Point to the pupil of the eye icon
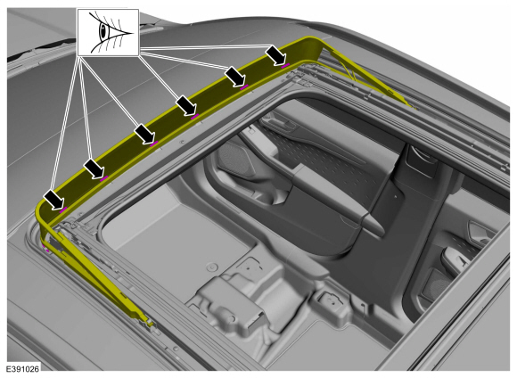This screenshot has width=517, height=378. [103, 32]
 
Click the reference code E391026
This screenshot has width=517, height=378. [22, 368]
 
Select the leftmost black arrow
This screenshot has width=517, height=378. [54, 200]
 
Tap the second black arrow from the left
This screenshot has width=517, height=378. [94, 168]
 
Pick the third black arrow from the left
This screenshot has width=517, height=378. [144, 134]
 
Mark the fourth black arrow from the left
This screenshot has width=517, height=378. [186, 106]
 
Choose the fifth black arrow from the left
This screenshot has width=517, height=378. [235, 77]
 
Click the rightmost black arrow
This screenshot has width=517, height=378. [276, 54]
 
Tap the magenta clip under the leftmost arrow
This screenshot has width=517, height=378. [63, 210]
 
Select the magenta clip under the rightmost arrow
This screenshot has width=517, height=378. [285, 65]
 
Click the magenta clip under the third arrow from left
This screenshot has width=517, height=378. [154, 144]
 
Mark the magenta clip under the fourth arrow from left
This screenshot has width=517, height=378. [195, 116]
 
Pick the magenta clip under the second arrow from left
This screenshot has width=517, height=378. [104, 178]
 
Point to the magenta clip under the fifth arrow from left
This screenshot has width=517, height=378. [244, 87]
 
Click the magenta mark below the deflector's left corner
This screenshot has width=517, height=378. [46, 250]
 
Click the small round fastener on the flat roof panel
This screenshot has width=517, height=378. [211, 267]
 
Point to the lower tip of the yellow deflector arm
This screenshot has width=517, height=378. [151, 324]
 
